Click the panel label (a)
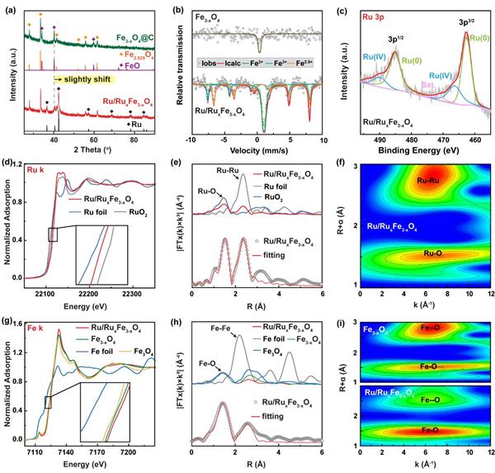pyautogui.click(x=12, y=7)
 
